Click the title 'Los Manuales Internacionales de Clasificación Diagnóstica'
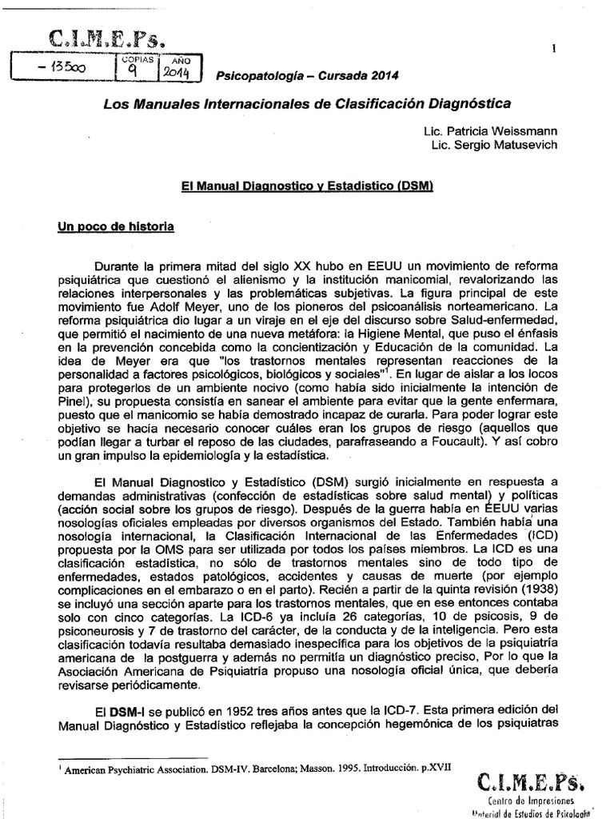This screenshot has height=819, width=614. click(x=309, y=105)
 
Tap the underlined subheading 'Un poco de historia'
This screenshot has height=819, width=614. click(x=114, y=226)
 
